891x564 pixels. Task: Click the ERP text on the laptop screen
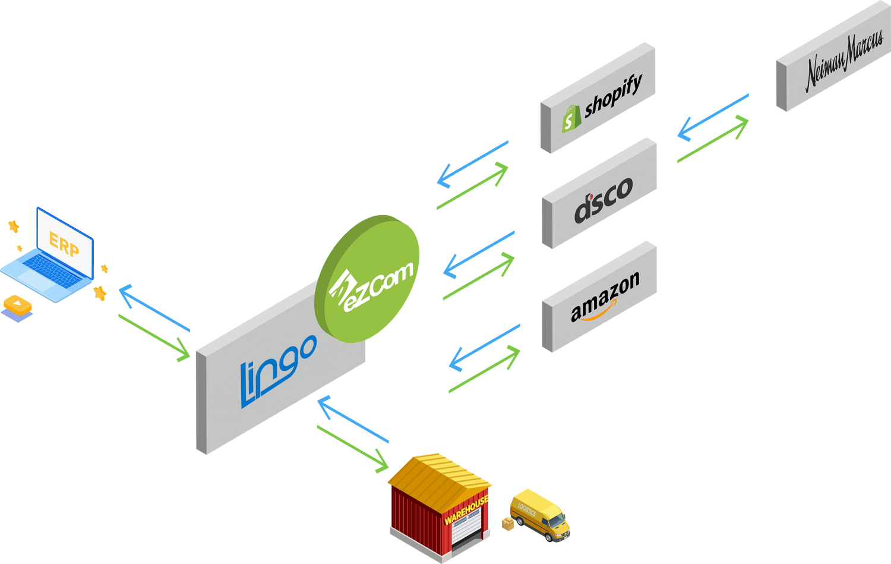[64, 244]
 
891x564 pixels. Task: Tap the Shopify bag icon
[571, 119]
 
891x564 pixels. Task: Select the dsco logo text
[602, 200]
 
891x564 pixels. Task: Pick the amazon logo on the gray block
[605, 297]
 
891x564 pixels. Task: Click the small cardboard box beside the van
[507, 524]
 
